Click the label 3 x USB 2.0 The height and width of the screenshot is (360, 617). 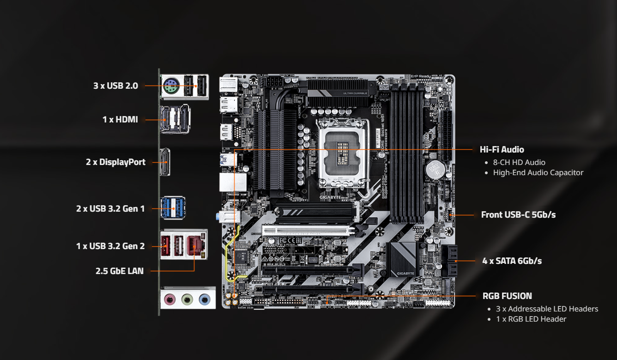pyautogui.click(x=115, y=85)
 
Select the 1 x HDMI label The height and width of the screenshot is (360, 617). pyautogui.click(x=120, y=120)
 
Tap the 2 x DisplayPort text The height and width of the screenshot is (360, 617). pyautogui.click(x=115, y=162)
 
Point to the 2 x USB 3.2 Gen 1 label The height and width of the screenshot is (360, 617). pyautogui.click(x=110, y=209)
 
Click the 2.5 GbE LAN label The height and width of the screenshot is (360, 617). pyautogui.click(x=120, y=271)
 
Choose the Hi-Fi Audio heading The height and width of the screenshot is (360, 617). pyautogui.click(x=502, y=150)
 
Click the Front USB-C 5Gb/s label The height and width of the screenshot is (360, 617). pyautogui.click(x=518, y=215)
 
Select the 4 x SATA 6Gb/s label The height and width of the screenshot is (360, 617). pyautogui.click(x=512, y=261)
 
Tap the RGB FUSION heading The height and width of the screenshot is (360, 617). pyautogui.click(x=507, y=296)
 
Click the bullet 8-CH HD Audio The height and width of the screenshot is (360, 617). pyautogui.click(x=519, y=163)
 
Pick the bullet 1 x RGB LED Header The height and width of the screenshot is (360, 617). pyautogui.click(x=531, y=319)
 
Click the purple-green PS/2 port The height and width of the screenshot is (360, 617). pyautogui.click(x=171, y=85)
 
